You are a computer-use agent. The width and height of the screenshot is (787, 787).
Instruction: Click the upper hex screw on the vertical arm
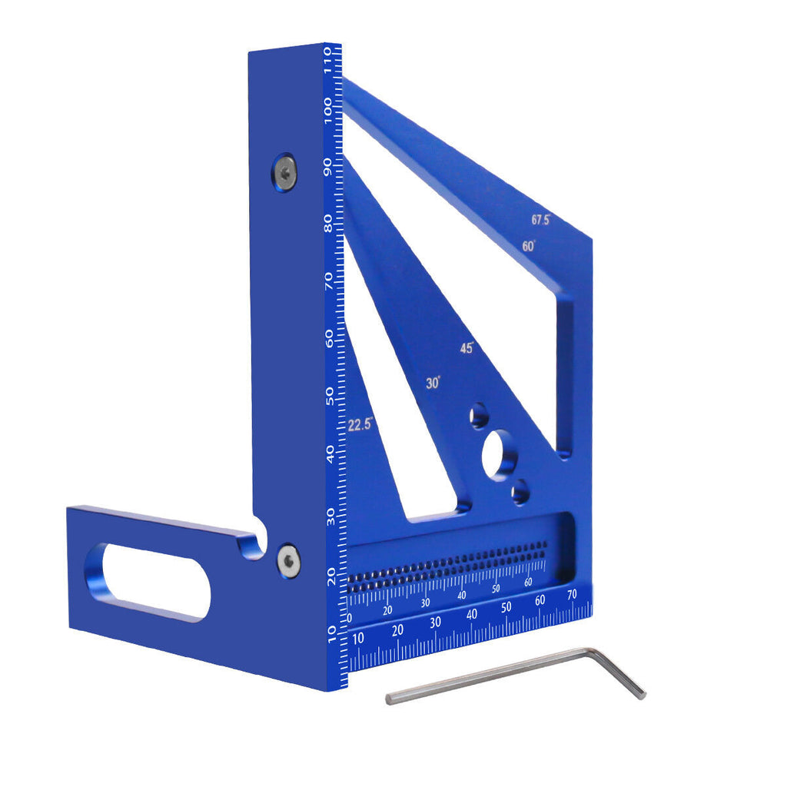pos(284,172)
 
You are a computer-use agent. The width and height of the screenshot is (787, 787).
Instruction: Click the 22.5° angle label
pos(360,424)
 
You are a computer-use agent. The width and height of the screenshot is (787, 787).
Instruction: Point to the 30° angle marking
pos(433,383)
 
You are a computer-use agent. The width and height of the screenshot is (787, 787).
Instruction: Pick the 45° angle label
pos(467,347)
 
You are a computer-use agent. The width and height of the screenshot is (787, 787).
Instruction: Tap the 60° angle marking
pos(529,247)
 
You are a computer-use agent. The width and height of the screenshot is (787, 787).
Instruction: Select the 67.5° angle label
pos(541,220)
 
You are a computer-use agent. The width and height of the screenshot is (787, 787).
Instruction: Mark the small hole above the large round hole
pos(480,417)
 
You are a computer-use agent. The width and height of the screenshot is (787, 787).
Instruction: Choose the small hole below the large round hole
pos(521,491)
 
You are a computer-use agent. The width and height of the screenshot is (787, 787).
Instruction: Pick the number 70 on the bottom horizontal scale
pos(571,594)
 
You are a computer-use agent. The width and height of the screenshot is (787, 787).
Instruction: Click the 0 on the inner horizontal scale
pos(350,619)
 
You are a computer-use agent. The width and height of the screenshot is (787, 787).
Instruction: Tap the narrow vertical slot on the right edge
pos(565,377)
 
